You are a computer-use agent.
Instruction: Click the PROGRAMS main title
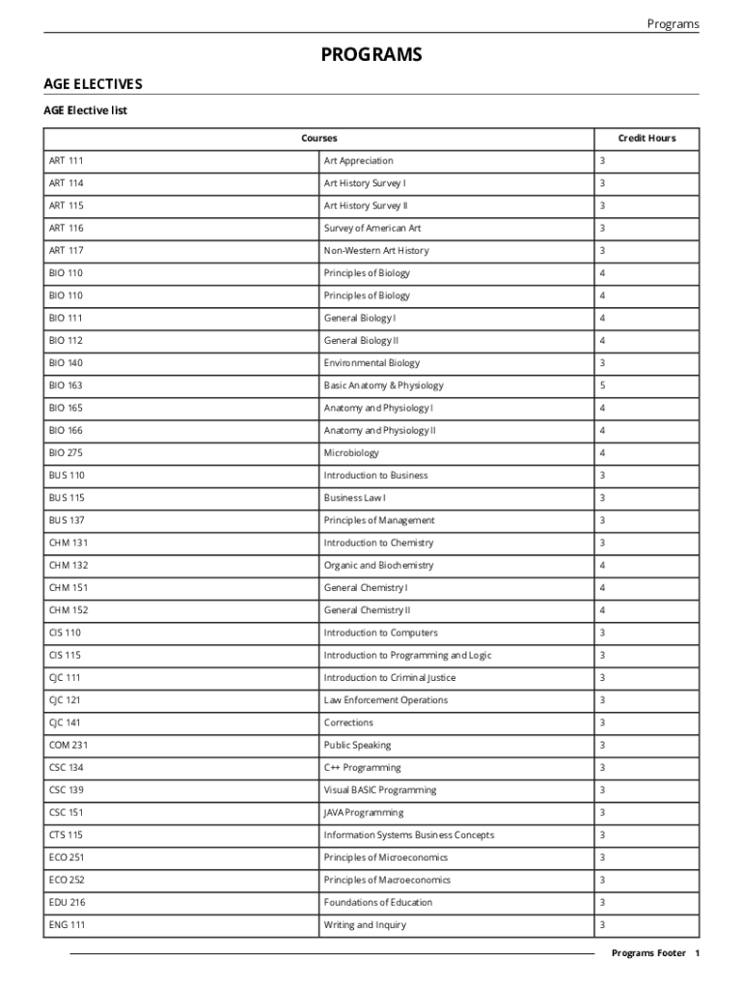point(371,55)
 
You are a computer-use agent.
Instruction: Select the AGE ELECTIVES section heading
point(93,85)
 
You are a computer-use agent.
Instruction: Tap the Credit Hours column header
point(647,138)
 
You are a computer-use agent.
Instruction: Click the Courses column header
point(318,138)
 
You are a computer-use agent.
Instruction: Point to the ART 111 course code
point(67,160)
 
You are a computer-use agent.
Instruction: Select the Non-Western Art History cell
point(376,250)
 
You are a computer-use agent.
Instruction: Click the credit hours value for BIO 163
point(602,385)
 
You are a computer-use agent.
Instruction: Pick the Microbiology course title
point(351,453)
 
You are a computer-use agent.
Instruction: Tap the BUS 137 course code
point(67,521)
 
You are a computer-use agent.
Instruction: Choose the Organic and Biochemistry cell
point(378,565)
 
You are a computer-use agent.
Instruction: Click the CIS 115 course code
point(65,655)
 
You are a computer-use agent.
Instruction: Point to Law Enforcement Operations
point(386,700)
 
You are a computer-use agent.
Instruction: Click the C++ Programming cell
point(362,768)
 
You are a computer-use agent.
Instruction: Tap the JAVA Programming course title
point(364,812)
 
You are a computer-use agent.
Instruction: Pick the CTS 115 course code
point(66,834)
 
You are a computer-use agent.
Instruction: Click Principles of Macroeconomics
point(387,880)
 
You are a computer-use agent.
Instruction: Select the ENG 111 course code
point(66,925)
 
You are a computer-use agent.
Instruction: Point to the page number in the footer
point(697,953)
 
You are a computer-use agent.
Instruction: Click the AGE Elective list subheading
point(85,110)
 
